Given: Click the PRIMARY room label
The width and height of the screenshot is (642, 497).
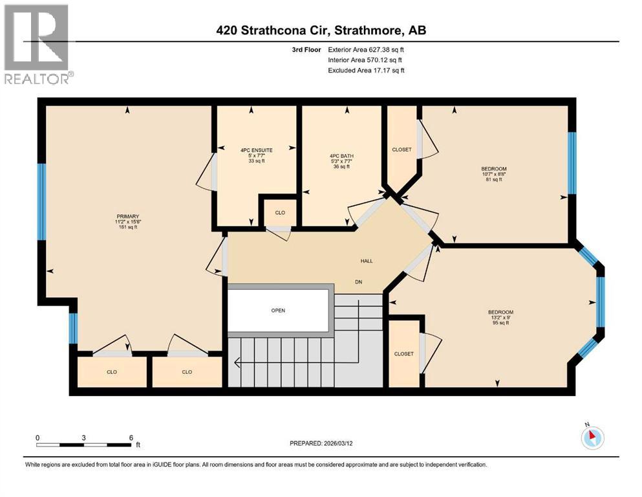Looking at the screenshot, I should [127, 216].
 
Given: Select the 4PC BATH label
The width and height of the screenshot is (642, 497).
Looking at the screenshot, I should [341, 156].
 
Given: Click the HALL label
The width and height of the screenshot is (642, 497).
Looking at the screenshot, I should [367, 261].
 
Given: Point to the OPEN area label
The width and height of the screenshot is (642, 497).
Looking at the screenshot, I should [278, 310].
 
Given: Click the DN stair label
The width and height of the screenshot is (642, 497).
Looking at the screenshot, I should [358, 282].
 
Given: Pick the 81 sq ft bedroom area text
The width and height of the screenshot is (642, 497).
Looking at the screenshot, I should [494, 180].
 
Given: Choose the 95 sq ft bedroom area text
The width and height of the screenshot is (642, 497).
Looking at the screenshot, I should [500, 323].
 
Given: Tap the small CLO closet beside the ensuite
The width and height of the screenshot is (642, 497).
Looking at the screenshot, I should [279, 212].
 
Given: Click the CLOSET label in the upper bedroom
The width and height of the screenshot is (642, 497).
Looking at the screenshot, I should [401, 149].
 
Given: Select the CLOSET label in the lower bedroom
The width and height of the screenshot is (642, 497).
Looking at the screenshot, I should [403, 353].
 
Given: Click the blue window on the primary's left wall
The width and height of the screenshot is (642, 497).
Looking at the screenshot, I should [41, 201].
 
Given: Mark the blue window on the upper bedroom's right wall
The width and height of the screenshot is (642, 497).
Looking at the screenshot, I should [572, 163].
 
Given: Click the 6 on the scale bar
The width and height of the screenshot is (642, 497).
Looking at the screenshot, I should [131, 437].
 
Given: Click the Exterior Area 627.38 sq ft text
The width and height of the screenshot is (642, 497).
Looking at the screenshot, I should [366, 49].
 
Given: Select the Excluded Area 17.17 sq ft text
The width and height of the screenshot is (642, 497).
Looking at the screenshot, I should [366, 70].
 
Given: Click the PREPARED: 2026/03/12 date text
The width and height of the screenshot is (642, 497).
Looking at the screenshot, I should [329, 443].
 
